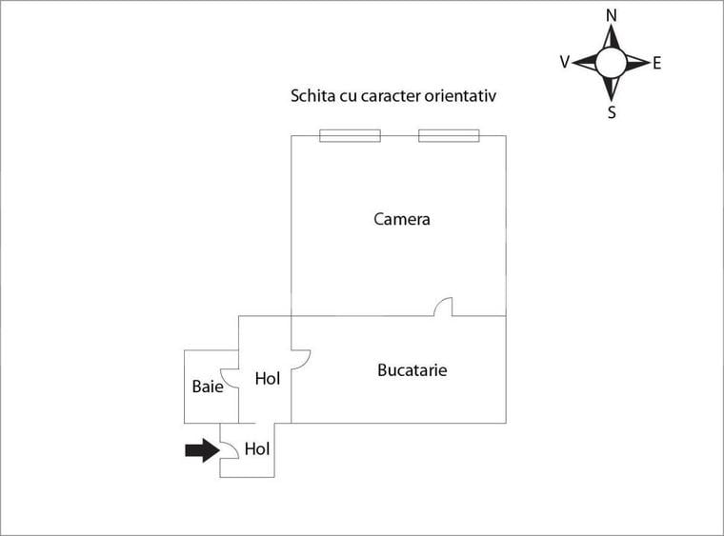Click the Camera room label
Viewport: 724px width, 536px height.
tap(402, 219)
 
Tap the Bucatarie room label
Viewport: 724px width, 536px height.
tap(412, 370)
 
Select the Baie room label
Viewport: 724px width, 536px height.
tap(207, 387)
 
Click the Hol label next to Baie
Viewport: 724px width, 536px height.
tap(268, 378)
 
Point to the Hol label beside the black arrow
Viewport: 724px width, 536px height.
tap(257, 448)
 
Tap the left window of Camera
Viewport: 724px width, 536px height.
tap(350, 135)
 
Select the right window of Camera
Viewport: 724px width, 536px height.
tap(449, 135)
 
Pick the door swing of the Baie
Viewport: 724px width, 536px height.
tap(229, 380)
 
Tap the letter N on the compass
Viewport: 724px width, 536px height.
tap(612, 16)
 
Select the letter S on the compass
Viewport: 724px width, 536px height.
tap(612, 112)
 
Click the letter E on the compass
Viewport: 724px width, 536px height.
tap(657, 63)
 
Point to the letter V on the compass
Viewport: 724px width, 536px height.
tap(565, 62)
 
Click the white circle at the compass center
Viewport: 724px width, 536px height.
tap(612, 63)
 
